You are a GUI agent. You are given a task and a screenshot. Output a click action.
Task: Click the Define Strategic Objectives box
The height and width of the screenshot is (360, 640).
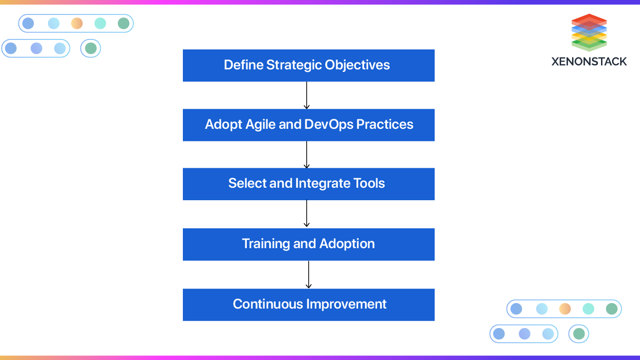tap(308, 65)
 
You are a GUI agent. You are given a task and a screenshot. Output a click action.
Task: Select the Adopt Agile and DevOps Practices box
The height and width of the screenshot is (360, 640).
tap(308, 125)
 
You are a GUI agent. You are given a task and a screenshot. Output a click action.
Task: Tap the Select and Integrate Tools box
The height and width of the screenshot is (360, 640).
tap(308, 184)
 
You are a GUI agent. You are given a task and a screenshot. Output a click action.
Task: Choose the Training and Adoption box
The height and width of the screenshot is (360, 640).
tap(308, 244)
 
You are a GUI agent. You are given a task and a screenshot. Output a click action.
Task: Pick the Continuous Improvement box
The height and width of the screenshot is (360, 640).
tap(308, 305)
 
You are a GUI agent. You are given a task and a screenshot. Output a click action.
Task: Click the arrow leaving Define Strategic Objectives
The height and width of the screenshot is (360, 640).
tap(306, 95)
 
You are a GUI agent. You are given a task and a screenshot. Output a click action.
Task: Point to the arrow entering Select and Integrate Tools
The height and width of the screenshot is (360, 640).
tap(306, 154)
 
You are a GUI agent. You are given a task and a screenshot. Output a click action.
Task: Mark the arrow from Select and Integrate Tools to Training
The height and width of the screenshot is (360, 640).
tap(306, 214)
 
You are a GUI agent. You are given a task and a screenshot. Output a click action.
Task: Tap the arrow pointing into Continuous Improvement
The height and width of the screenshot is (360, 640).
tap(308, 274)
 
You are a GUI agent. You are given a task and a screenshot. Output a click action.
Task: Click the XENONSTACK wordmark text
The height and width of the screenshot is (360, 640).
tap(589, 62)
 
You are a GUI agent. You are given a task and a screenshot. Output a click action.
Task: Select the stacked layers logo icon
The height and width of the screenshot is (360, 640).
tap(589, 32)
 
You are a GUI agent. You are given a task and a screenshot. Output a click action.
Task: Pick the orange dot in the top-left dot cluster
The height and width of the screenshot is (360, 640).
tap(76, 23)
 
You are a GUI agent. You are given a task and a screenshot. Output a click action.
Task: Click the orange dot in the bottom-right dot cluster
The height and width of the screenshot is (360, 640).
tap(565, 309)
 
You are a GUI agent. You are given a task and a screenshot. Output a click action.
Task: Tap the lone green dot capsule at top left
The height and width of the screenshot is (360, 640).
tap(90, 48)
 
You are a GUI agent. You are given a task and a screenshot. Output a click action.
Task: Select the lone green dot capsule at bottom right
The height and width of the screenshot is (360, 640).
tap(579, 334)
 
